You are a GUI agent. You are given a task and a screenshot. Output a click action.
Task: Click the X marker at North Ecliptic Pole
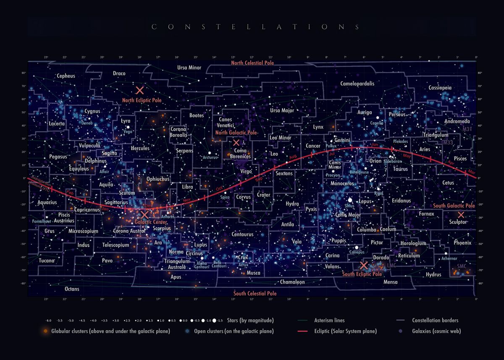[140, 90]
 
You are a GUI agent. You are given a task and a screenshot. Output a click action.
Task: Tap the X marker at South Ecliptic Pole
[364, 265]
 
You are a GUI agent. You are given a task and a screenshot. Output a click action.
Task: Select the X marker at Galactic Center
[145, 215]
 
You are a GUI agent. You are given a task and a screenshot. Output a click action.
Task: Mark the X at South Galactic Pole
[461, 215]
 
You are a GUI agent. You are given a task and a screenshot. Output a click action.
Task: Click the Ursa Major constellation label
[282, 111]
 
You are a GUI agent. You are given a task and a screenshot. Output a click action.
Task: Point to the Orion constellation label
[375, 161]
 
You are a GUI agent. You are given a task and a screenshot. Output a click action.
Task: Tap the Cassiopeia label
[440, 88]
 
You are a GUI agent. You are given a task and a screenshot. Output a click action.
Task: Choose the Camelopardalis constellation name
[357, 84]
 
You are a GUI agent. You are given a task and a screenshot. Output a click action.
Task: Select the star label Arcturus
[210, 158]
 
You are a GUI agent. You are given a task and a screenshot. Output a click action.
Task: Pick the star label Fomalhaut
[41, 221]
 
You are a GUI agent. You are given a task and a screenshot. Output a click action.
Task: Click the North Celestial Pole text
[252, 63]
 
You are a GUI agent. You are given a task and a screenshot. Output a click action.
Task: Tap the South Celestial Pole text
[255, 293]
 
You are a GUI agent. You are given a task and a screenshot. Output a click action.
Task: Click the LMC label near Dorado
[391, 266]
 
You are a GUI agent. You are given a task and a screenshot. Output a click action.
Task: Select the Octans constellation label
[72, 289]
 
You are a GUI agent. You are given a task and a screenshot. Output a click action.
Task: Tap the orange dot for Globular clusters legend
[45, 331]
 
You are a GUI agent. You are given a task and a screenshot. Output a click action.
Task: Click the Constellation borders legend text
[435, 321]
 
